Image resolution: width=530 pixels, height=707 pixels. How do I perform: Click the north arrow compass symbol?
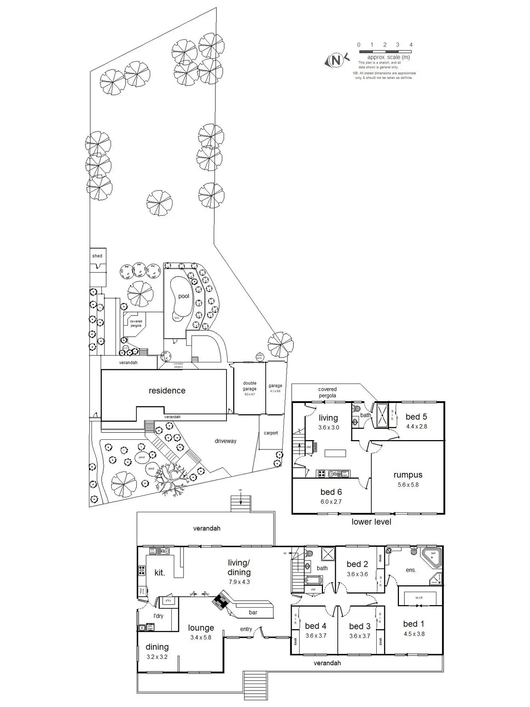(x=336, y=60)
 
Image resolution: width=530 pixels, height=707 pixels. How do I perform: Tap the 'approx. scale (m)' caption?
(x=388, y=57)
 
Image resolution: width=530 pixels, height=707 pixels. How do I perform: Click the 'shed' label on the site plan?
(x=97, y=256)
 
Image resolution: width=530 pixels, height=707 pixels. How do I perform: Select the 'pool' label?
(x=184, y=296)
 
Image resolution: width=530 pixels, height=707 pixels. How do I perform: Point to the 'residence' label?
(x=167, y=391)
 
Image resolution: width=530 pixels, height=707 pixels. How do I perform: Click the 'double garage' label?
(x=250, y=386)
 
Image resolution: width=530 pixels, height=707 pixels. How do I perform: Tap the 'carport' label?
(x=271, y=433)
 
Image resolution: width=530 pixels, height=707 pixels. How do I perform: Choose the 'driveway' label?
(x=225, y=441)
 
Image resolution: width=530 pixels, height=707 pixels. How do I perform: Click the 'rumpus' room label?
(x=408, y=475)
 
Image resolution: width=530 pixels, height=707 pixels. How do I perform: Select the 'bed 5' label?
(x=416, y=417)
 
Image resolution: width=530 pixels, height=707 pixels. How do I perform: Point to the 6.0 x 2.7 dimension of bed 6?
(x=331, y=502)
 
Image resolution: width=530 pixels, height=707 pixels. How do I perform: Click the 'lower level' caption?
(x=371, y=522)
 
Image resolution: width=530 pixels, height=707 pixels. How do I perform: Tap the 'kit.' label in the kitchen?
(x=160, y=573)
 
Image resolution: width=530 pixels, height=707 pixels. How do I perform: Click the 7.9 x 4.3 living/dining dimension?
(x=239, y=582)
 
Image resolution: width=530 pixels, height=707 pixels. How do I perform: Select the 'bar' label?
(x=253, y=612)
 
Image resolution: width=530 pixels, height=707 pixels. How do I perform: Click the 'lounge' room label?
(x=201, y=628)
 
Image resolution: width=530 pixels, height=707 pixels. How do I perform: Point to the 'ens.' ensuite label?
(x=411, y=570)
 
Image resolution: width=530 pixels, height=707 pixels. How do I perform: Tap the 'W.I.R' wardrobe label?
(x=419, y=598)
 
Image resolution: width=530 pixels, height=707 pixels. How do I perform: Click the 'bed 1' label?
(x=414, y=624)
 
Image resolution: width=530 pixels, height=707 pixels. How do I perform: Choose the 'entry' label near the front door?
(x=246, y=629)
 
